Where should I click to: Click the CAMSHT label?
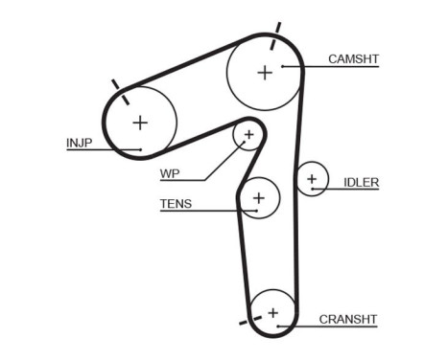[x=353, y=59]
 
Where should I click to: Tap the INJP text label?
[x=79, y=143]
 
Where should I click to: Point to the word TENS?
[x=176, y=203]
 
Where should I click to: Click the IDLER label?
[x=361, y=182]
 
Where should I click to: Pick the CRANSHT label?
[x=347, y=319]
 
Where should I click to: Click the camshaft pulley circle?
[x=264, y=71]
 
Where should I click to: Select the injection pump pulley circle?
[x=141, y=122]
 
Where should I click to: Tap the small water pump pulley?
[x=248, y=136]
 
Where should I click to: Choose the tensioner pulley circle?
[x=257, y=198]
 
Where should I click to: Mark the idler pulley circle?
[x=311, y=179]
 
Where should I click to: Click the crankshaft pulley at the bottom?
[x=272, y=312]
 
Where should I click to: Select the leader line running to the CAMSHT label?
[x=336, y=67]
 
